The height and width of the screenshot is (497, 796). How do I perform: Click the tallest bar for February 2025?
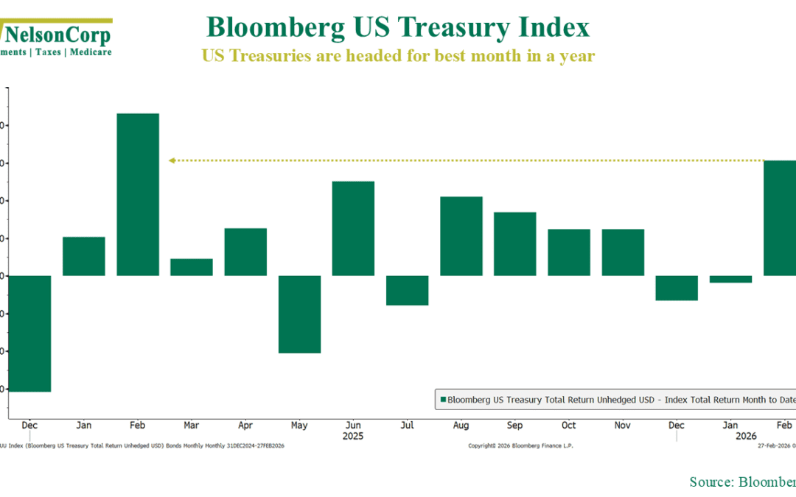(138, 194)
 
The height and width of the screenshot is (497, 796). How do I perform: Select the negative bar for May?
(299, 314)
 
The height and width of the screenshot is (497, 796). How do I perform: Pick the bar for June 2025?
(353, 228)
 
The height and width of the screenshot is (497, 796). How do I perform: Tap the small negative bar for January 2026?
(730, 279)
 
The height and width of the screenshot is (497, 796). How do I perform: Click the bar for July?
(407, 290)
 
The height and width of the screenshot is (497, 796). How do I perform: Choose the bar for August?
(461, 236)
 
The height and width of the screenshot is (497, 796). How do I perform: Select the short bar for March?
(192, 267)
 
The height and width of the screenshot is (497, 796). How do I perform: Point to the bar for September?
(514, 244)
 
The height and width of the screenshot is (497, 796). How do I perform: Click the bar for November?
(623, 253)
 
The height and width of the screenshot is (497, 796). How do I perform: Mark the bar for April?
(245, 252)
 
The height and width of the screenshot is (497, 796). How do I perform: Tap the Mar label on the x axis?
(192, 426)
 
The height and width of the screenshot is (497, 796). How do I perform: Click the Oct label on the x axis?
(568, 426)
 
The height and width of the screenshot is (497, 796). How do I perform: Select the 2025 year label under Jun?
(353, 436)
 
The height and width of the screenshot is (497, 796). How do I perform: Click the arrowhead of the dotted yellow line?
(171, 160)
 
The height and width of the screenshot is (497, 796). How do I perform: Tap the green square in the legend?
(443, 399)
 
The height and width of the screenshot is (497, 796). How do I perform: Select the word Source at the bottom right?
(710, 482)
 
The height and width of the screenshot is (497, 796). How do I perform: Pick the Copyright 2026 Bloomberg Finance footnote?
(520, 445)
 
